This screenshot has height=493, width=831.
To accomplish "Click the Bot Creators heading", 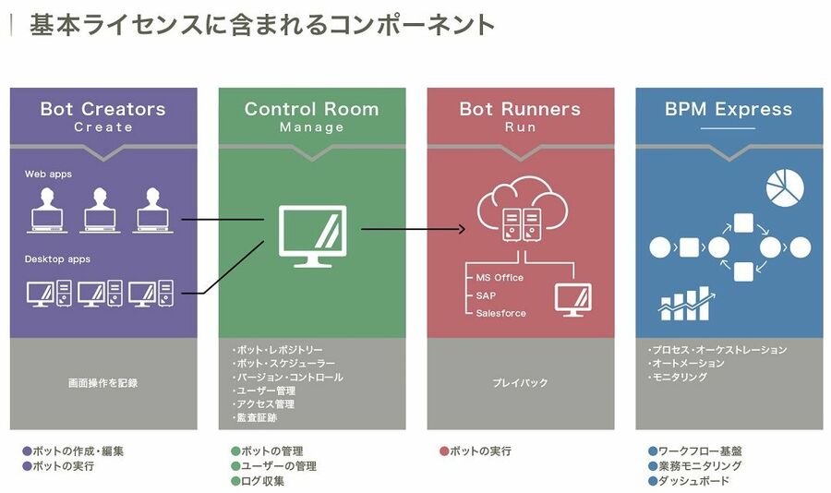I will tap(102, 109).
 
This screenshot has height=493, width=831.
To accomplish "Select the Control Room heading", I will tap(311, 109).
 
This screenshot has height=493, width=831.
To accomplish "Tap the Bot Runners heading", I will tap(520, 109).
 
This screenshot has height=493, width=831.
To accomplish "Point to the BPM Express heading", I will tap(729, 109).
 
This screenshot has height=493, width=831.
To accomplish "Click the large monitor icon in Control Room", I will tap(312, 235).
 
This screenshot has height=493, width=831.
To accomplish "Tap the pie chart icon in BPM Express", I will tap(784, 187).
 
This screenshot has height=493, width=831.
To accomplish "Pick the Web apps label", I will tap(48, 174).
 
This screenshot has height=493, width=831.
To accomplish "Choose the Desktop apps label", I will tap(57, 259).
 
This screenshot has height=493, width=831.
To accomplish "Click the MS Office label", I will tap(500, 278).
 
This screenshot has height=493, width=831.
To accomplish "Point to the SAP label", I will tap(486, 295).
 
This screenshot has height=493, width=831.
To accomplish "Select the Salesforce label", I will tap(500, 314).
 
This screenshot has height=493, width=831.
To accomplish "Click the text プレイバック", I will tap(520, 382).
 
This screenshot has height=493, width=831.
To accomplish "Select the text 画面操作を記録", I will tap(102, 382).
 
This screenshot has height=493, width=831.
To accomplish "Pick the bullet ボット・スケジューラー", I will tap(285, 364).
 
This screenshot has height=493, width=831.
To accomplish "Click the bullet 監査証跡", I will tap(256, 418).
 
